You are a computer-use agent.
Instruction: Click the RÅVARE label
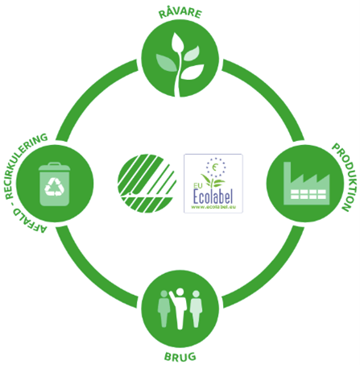point(180,14)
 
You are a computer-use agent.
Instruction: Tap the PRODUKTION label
point(345,177)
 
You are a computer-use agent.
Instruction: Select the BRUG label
point(180,357)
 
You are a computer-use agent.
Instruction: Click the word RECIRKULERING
point(25,164)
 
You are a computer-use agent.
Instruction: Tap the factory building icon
point(307,184)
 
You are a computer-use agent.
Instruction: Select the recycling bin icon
point(55,185)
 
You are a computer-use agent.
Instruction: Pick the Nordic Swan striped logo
point(147,184)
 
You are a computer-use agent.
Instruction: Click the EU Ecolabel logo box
point(213,184)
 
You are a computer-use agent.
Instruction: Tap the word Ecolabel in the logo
point(213,197)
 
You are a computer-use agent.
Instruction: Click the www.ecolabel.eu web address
point(213,207)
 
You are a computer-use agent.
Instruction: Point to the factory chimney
point(287,172)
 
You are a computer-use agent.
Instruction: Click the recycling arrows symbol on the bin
point(55,187)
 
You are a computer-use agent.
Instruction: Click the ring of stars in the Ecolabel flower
point(216,168)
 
